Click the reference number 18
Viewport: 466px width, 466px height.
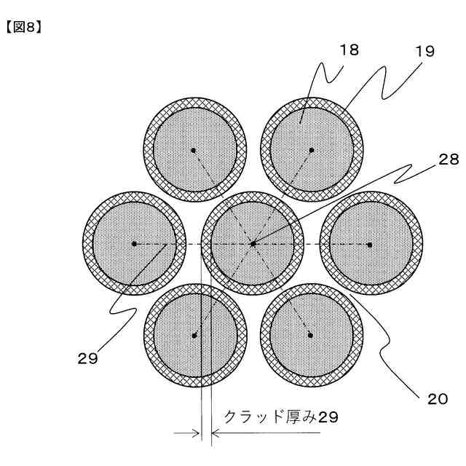[x=349, y=50]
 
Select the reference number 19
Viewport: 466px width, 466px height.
[x=425, y=52]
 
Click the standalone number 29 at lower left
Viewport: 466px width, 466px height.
[x=87, y=358]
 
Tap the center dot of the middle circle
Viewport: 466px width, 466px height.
[x=253, y=243]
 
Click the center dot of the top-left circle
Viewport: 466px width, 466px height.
[x=194, y=151]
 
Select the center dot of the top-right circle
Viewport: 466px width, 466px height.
[x=312, y=151]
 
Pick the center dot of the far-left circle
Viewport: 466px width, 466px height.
[x=135, y=243]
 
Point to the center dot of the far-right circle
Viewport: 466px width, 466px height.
[x=370, y=243]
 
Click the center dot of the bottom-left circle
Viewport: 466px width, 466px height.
[x=194, y=335]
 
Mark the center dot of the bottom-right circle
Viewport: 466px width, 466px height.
[x=311, y=335]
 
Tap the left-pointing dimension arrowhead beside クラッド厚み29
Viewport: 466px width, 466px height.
[x=216, y=434]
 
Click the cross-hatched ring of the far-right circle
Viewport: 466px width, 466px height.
[x=416, y=243]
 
